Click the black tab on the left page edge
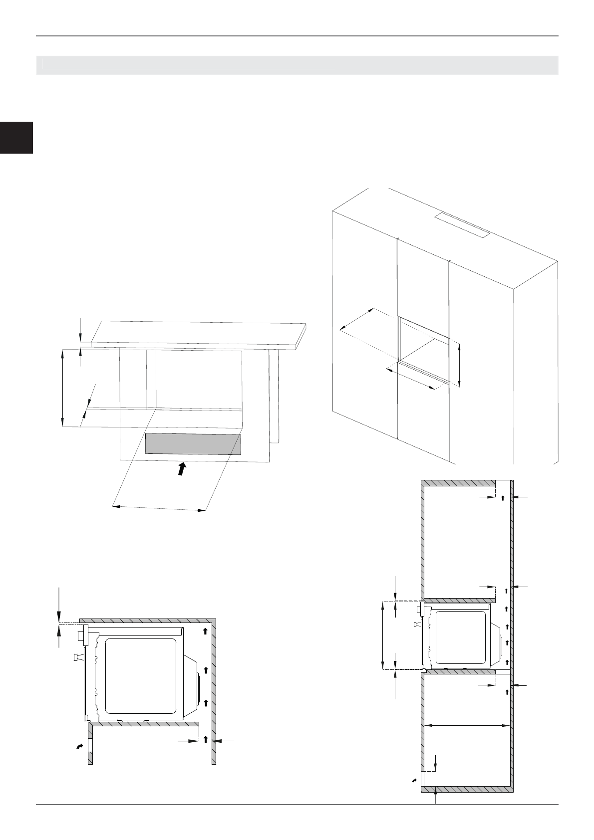pyautogui.click(x=16, y=137)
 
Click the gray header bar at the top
pyautogui.click(x=297, y=65)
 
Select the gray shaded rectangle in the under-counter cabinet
pyautogui.click(x=193, y=444)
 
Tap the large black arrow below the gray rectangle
pyautogui.click(x=183, y=469)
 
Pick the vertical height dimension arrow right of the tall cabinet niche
pyautogui.click(x=459, y=365)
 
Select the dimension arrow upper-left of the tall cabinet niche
pyautogui.click(x=357, y=319)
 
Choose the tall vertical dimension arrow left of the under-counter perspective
pyautogui.click(x=62, y=388)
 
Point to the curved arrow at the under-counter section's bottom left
pyautogui.click(x=78, y=746)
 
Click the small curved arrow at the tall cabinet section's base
pyautogui.click(x=414, y=779)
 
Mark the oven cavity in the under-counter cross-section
pyautogui.click(x=141, y=675)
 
